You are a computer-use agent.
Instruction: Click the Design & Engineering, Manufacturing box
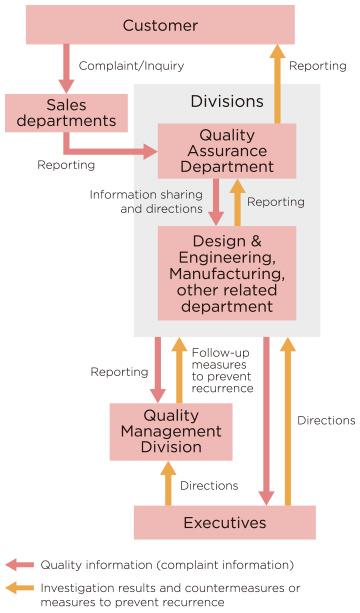click(226, 273)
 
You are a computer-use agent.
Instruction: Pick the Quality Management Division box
click(170, 432)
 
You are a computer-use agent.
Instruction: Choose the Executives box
click(225, 523)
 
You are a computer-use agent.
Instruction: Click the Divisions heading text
click(227, 102)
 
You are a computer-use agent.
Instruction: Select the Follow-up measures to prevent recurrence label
click(221, 370)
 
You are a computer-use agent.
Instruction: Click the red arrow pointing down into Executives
click(266, 420)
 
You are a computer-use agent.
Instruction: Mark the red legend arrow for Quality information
click(19, 565)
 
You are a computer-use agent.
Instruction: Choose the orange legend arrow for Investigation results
click(19, 588)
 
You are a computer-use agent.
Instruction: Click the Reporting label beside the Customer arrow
click(317, 66)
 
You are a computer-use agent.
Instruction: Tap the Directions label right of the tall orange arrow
click(325, 421)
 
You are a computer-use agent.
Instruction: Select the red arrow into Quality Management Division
click(157, 369)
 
